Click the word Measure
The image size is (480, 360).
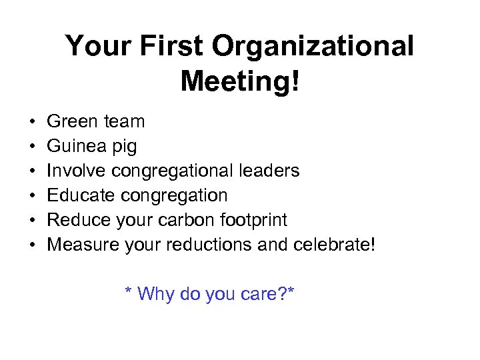coord(83,245)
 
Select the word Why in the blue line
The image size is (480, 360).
coord(155,293)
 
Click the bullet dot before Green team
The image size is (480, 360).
coord(33,122)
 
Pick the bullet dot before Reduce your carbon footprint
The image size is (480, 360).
coord(33,221)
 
